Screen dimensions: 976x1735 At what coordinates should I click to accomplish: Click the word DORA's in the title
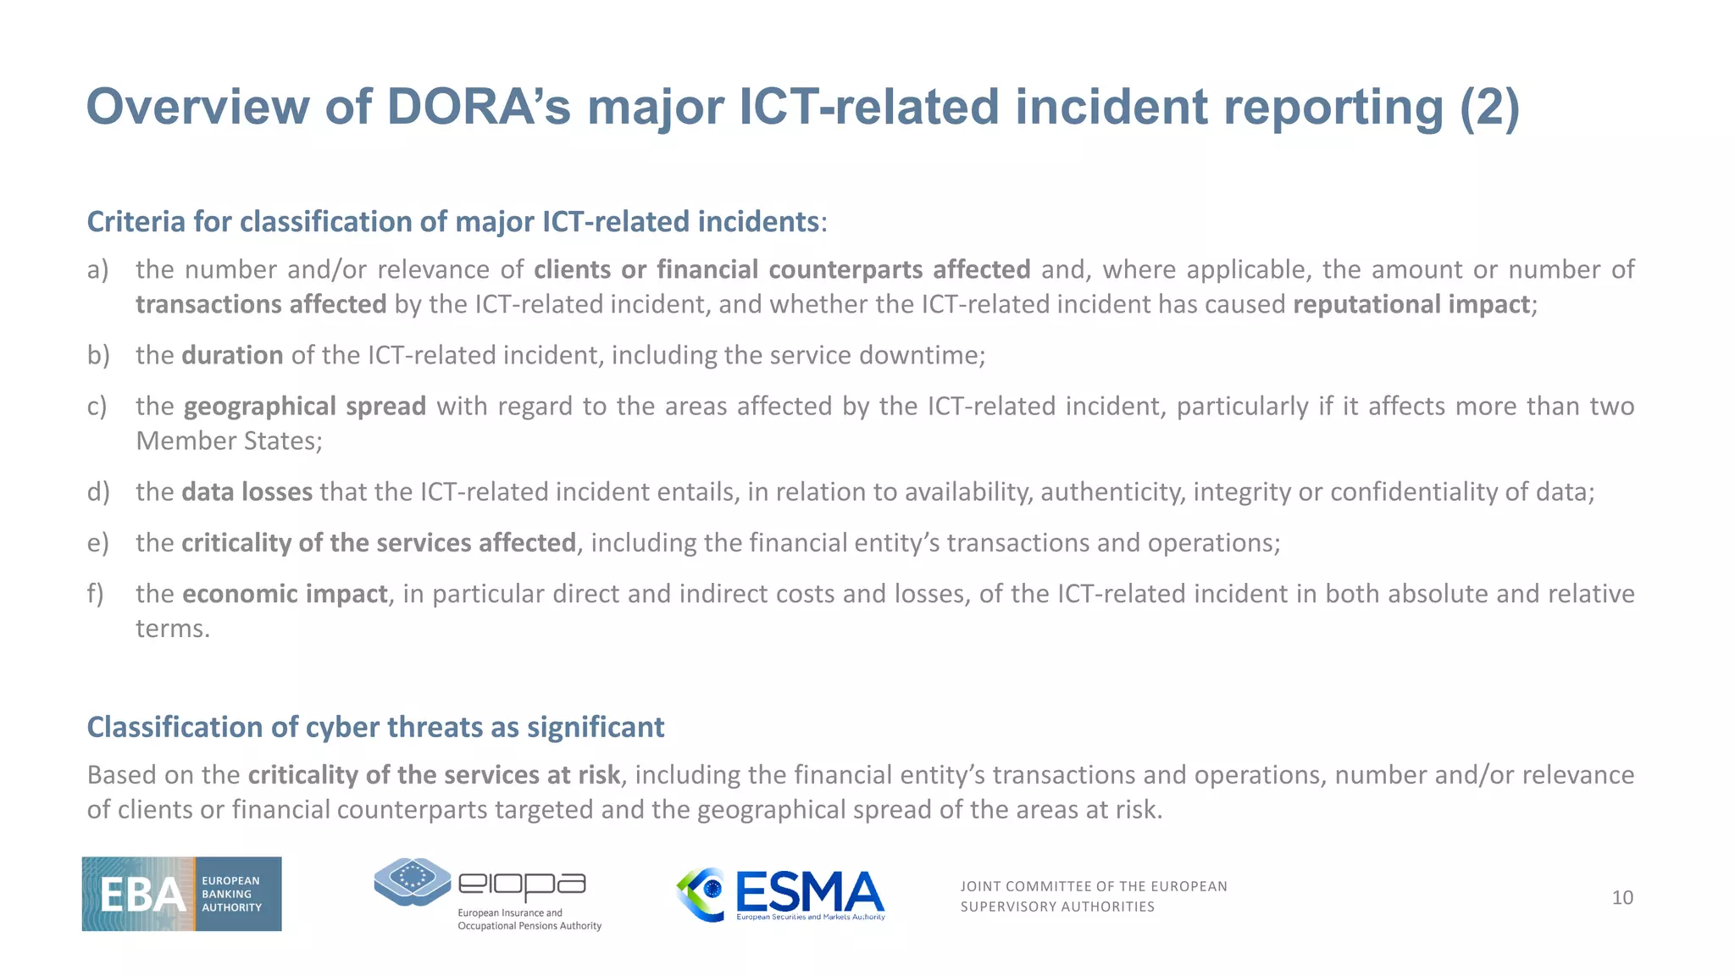tap(479, 108)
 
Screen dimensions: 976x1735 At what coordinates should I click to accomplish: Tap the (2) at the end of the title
tap(1489, 108)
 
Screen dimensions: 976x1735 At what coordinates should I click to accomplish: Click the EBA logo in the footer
tap(181, 894)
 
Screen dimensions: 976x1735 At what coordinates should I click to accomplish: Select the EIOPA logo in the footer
tap(487, 894)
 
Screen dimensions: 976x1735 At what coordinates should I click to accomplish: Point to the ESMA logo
tap(780, 894)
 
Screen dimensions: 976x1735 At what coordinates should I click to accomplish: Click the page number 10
tap(1621, 897)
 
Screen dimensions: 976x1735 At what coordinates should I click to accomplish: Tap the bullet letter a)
tap(98, 269)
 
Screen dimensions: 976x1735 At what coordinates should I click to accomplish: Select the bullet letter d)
tap(98, 491)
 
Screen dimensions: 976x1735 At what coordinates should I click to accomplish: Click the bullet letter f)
tap(96, 593)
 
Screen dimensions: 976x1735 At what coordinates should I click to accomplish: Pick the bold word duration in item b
tap(232, 355)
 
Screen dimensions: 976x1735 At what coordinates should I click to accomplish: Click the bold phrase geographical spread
tap(304, 407)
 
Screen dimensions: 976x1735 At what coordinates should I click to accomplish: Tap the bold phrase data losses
tap(247, 491)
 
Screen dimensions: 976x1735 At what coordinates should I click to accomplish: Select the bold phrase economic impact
tap(285, 594)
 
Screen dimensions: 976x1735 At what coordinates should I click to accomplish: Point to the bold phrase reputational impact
tap(1411, 304)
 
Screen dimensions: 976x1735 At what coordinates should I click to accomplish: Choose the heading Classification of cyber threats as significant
tap(375, 727)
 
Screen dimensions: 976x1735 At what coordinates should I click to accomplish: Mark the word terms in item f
tap(172, 628)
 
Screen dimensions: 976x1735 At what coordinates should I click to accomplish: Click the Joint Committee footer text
tap(1093, 896)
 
